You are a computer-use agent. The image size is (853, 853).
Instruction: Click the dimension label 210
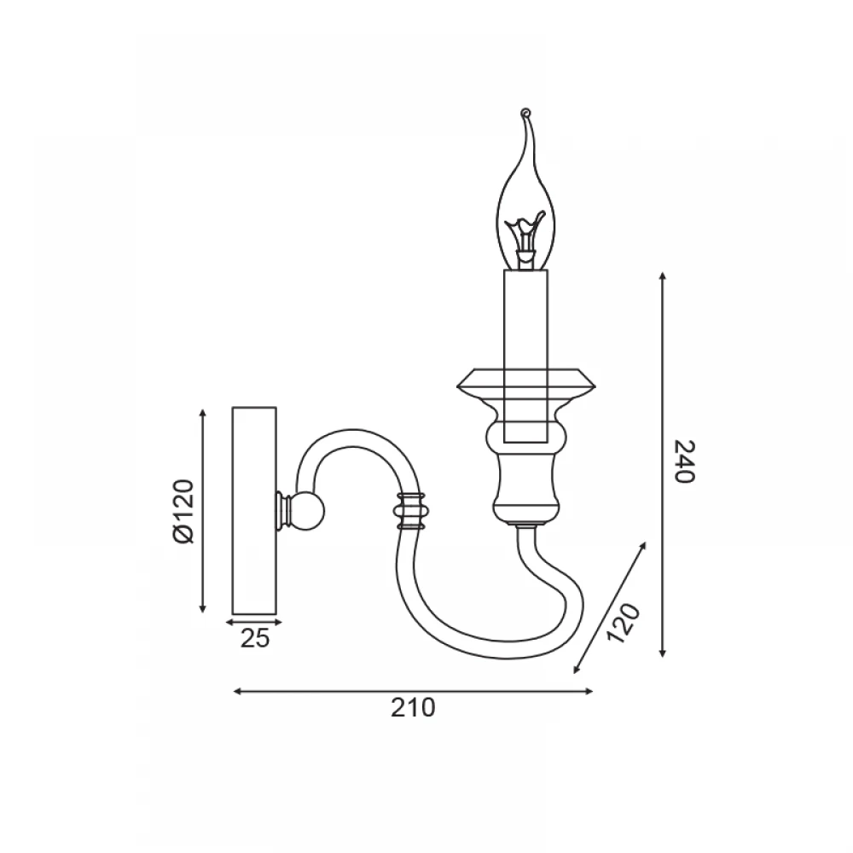point(413,708)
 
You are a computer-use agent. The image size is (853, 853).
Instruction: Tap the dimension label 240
point(684,461)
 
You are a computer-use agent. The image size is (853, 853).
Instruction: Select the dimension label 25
point(254,638)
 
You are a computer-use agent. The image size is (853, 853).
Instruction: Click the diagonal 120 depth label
point(624,623)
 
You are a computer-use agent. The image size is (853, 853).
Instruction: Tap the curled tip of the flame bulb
point(525,113)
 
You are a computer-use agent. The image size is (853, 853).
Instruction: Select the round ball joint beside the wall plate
point(307,511)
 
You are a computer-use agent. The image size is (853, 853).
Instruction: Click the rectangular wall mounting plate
point(254,510)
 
